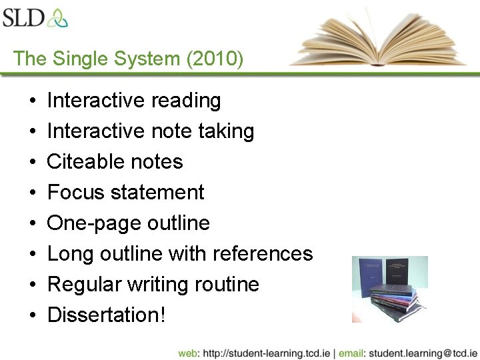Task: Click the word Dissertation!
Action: pyautogui.click(x=106, y=315)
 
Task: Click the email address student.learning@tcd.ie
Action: pyautogui.click(x=422, y=353)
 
